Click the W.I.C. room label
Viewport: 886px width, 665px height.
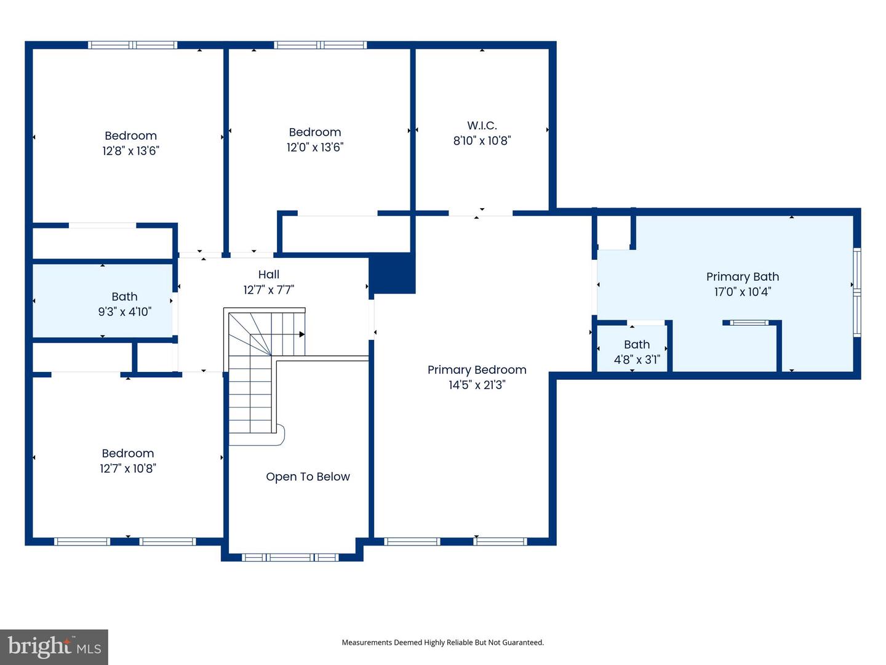point(482,126)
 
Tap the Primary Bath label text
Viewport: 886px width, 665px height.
point(742,277)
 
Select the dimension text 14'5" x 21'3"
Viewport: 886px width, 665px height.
point(477,385)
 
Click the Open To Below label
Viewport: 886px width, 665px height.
point(308,477)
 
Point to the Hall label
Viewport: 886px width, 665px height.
point(269,275)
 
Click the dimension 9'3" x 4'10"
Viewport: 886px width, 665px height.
point(125,312)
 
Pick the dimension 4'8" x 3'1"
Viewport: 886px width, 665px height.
point(637,360)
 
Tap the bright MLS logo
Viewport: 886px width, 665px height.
point(54,647)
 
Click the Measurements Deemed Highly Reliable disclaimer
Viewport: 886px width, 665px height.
point(443,642)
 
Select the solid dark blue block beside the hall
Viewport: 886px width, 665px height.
point(393,273)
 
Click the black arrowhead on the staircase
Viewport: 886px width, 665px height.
point(301,334)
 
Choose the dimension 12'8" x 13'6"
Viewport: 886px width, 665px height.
point(131,151)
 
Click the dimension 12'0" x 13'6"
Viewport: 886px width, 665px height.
point(315,147)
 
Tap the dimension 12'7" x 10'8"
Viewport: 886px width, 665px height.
point(128,469)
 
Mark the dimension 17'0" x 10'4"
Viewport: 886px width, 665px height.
point(742,291)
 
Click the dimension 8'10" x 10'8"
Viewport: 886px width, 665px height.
point(482,140)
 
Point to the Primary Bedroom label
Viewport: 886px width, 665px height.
point(477,370)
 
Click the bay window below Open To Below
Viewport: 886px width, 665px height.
point(290,558)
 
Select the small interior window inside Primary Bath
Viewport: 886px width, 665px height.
point(749,323)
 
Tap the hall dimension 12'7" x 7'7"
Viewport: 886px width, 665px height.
point(269,290)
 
